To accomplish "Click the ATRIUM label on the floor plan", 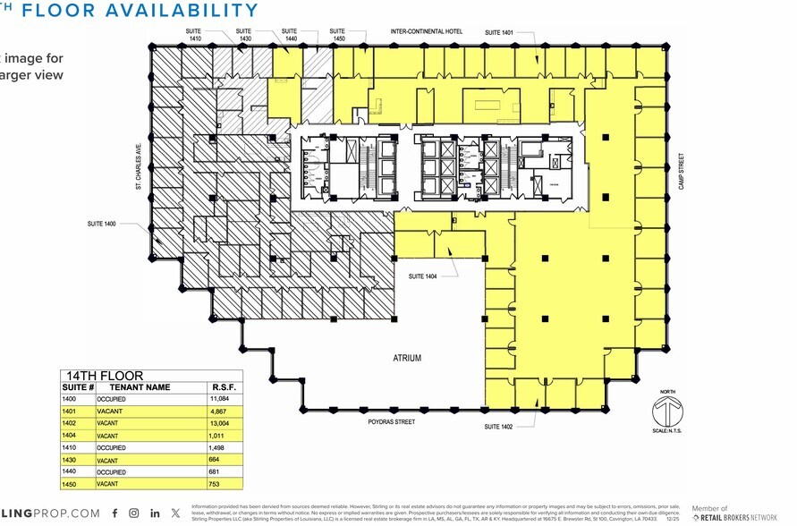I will coord(406,358).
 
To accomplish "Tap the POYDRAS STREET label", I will coord(394,419).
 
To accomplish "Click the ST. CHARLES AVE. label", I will coord(139,167).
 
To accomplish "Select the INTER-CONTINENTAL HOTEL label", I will coord(426,32).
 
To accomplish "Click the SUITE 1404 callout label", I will coord(423,276).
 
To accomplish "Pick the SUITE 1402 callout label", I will coord(498,427).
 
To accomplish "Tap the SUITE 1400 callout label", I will coord(104,223).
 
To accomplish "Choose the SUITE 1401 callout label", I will coord(499,32).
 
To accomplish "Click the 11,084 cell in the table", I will coord(220,397).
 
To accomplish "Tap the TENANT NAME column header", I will coord(140,386).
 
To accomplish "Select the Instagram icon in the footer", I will coord(133,513).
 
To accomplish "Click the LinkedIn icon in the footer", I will coord(155,513).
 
